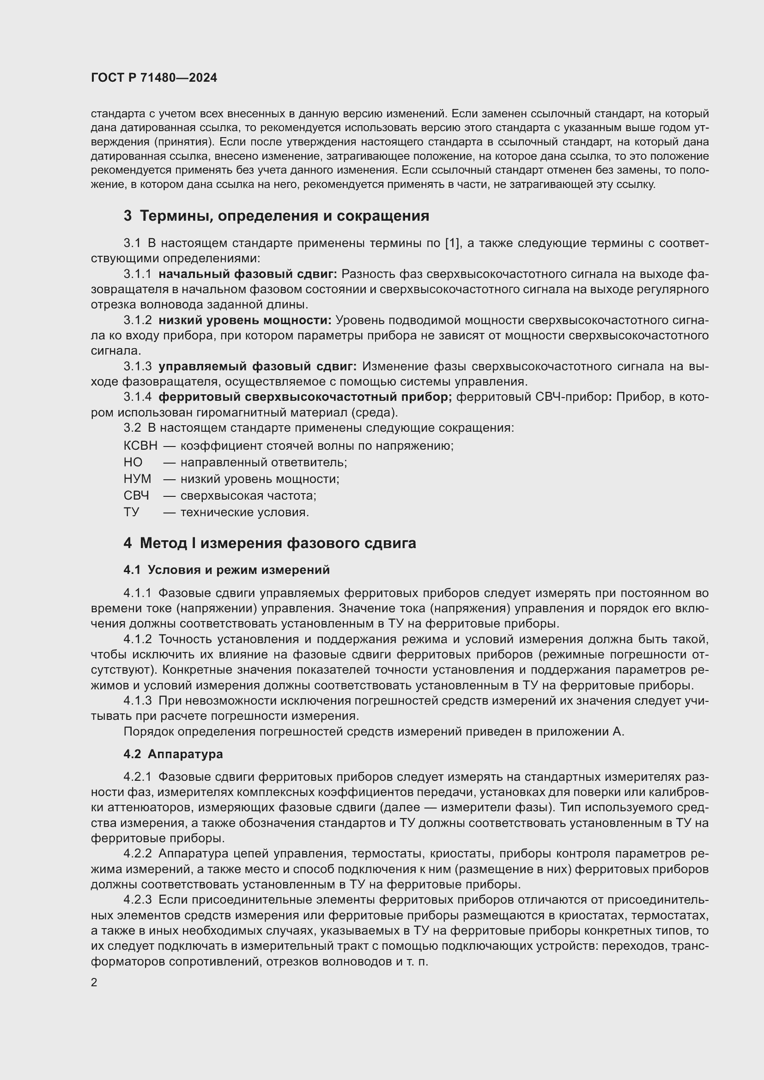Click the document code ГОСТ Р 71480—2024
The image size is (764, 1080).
tap(154, 78)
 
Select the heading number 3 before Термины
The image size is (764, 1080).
tap(127, 216)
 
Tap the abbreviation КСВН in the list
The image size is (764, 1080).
tap(140, 446)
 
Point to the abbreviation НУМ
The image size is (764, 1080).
tap(137, 479)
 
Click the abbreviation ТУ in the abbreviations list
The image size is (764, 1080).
tap(131, 512)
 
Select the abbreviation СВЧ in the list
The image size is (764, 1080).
tap(136, 495)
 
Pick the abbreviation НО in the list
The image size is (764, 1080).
tap(133, 462)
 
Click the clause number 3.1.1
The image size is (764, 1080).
tap(137, 274)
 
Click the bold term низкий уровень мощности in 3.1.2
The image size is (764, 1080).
tap(245, 320)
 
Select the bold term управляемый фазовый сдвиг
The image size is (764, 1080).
tap(257, 366)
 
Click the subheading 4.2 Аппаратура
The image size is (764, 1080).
tap(173, 754)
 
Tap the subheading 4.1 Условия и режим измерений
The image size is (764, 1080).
tap(226, 570)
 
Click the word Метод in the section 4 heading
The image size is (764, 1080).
tap(163, 543)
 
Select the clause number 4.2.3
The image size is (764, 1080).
tap(137, 900)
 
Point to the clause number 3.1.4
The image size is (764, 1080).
tap(137, 397)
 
